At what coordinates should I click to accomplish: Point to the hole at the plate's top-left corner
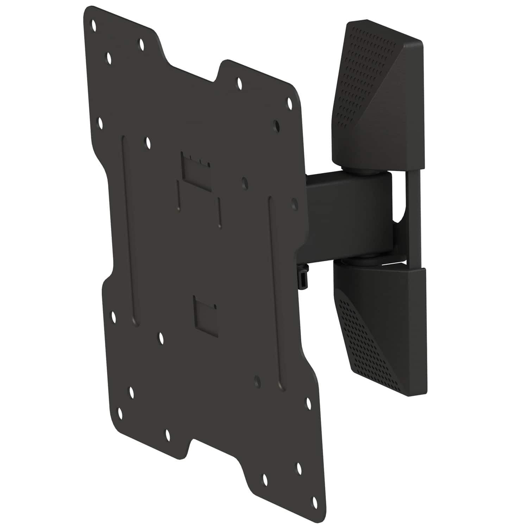coord(94,25)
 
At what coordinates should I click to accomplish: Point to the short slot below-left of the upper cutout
coord(179,197)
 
